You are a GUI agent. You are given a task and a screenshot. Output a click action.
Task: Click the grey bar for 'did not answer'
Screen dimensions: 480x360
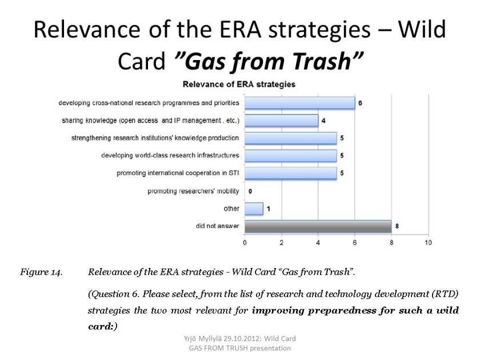click(318, 226)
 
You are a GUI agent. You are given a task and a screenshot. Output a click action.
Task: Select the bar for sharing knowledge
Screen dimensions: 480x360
click(282, 121)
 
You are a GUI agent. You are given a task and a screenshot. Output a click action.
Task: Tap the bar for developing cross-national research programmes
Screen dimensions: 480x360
click(300, 103)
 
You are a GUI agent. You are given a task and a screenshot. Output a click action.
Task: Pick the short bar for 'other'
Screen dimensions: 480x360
click(254, 209)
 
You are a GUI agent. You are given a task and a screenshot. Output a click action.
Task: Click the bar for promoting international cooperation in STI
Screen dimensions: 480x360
click(291, 173)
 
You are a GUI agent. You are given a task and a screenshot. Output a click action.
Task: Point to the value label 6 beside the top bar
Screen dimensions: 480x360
click(360, 103)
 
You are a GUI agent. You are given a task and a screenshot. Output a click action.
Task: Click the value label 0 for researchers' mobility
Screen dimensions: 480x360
click(250, 191)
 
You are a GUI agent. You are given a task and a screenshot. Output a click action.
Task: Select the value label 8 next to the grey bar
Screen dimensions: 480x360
click(397, 226)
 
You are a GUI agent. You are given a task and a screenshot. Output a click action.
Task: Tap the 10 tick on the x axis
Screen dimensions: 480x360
click(428, 243)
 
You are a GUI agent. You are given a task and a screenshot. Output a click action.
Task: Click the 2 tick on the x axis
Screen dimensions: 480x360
click(281, 243)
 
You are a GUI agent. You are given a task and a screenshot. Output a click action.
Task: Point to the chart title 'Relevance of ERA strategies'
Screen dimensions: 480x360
click(239, 84)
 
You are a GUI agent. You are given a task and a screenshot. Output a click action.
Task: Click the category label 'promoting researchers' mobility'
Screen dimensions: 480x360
click(193, 191)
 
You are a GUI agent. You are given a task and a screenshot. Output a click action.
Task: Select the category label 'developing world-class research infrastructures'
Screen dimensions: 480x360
click(170, 155)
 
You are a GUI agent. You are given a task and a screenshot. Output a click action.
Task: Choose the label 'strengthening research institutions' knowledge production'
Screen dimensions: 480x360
click(155, 138)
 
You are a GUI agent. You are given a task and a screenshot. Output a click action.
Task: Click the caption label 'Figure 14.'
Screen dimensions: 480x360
click(41, 272)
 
